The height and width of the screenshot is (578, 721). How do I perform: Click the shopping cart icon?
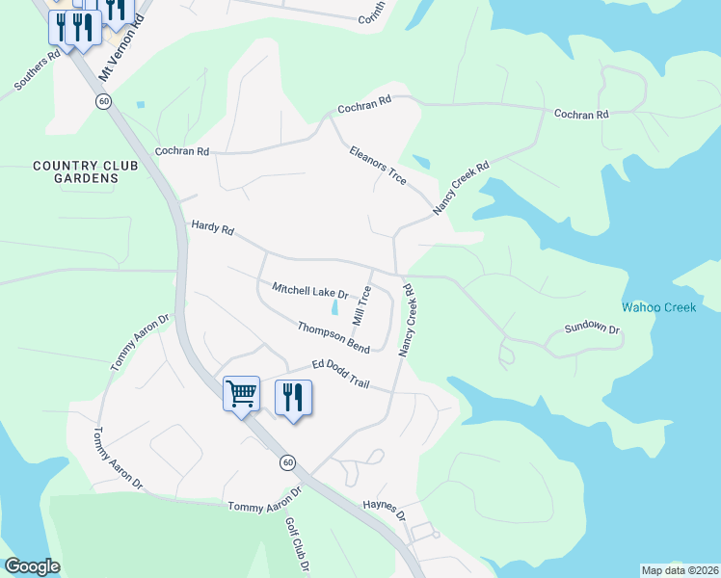pos(241,392)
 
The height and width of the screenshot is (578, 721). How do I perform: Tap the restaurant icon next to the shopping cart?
pos(293,396)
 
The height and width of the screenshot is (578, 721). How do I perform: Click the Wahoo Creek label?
pos(658,307)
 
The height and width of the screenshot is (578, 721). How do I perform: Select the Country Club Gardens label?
pos(75,171)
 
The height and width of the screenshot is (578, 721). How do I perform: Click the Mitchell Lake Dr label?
pos(308,291)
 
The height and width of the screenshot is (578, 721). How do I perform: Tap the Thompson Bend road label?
pos(334,336)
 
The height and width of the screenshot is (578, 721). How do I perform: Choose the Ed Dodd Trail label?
pos(340,375)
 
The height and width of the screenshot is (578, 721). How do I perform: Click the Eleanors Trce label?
pos(377,166)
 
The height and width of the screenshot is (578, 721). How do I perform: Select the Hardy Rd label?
pos(213,228)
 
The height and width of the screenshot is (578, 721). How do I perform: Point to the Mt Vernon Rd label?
pos(114,56)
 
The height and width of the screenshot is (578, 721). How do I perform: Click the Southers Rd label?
pos(38,68)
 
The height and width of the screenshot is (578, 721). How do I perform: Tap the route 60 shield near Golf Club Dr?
pos(287,462)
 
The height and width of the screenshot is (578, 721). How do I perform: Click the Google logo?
pos(32,566)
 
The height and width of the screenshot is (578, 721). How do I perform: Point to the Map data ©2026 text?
pos(679,570)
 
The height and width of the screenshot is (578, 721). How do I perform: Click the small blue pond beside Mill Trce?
pos(335,308)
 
